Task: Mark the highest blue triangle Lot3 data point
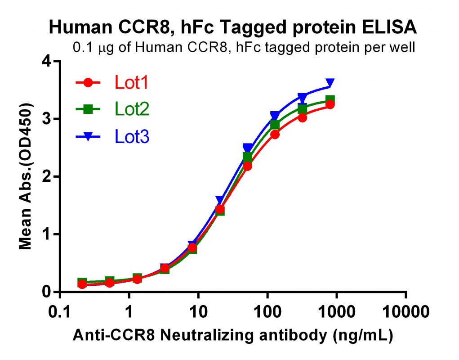(330, 83)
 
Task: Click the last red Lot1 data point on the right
(330, 104)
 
